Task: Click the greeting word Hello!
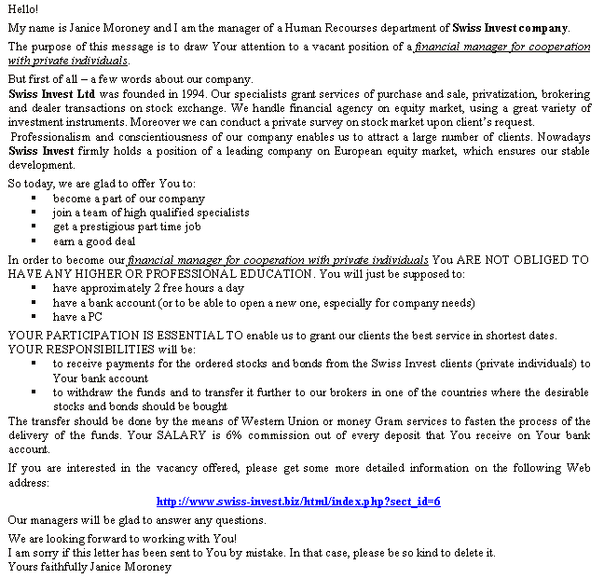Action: coord(23,9)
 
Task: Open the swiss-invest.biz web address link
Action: coord(298,502)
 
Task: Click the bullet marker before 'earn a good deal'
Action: coord(34,241)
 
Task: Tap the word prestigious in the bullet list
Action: coord(115,227)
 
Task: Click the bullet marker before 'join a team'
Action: coord(34,213)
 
